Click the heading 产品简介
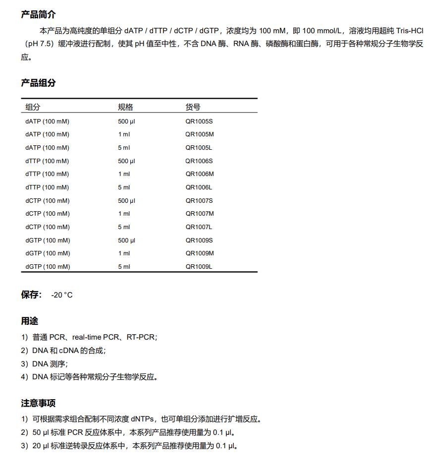coord(38,15)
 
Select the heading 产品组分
coord(38,83)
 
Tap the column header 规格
coord(125,107)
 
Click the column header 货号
coord(193,107)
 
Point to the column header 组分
coord(33,107)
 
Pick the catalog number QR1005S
coord(199,121)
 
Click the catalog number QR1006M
coord(200,174)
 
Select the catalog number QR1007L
coord(199,227)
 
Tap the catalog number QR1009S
coord(199,240)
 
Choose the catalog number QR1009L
coord(199,267)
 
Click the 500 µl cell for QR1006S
coord(126,161)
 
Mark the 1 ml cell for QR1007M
coord(124,214)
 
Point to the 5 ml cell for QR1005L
coord(124,148)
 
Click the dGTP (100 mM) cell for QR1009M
coord(48,253)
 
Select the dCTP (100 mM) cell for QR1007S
coord(48,201)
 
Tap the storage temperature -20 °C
coord(61,295)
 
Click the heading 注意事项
coord(38,403)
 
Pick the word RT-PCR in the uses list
coord(141,337)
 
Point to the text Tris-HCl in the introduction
coord(409,30)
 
